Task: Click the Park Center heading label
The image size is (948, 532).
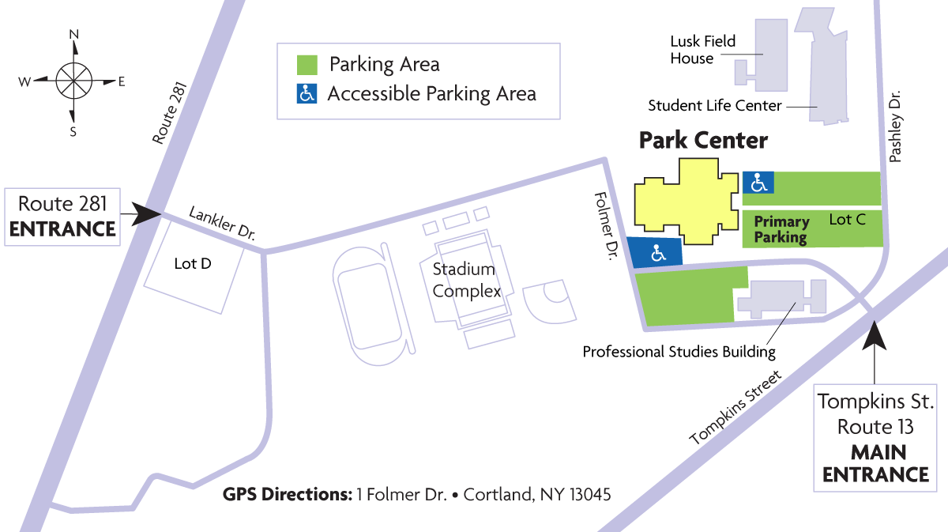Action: pos(703,141)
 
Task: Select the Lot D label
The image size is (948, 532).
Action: pos(193,263)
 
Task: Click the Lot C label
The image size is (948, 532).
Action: pos(847,220)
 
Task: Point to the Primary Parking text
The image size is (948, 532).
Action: pos(781,229)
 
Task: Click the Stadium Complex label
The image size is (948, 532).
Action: pos(466,280)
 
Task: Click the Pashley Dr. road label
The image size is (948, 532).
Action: pos(895,126)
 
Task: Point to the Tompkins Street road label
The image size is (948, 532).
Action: pos(735,408)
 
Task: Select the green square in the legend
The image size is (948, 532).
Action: pos(307,64)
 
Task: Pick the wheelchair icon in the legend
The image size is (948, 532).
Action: pos(307,94)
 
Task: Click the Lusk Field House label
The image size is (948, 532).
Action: pos(702,50)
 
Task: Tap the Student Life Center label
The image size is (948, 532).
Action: pos(714,105)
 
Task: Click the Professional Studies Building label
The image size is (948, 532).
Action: pos(679,352)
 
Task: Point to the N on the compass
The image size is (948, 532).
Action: pos(74,35)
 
